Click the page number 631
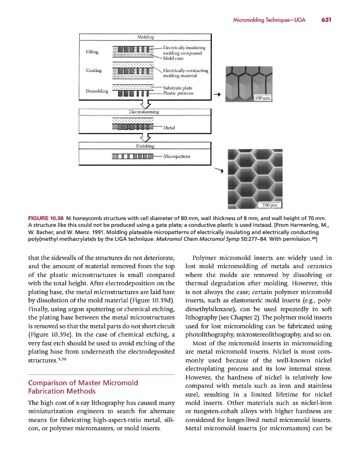pos(326,20)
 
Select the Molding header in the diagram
pos(145,38)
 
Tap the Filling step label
pos(92,52)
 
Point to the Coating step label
pos(94,70)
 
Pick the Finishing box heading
pos(145,146)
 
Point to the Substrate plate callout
pos(178,88)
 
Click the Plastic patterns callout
pos(178,94)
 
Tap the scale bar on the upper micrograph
pos(261,97)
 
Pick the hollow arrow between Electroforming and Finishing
pos(145,138)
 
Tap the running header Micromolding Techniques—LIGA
pos(269,20)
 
